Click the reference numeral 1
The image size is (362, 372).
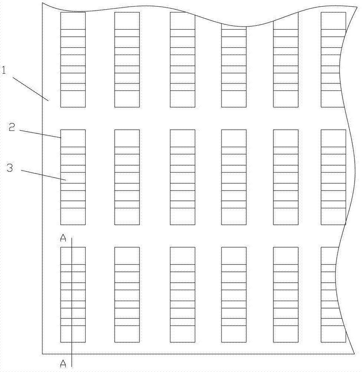click(x=4, y=70)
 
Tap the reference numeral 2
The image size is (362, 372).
click(x=12, y=127)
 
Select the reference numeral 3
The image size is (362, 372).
click(x=10, y=168)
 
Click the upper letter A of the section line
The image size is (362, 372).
click(x=63, y=238)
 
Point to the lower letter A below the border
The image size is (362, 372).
click(x=63, y=363)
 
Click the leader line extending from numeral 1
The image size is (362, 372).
click(x=31, y=89)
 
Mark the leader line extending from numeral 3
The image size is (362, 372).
click(x=43, y=175)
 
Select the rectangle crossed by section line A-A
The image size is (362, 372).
click(x=73, y=295)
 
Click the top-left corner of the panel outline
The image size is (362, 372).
click(x=42, y=3)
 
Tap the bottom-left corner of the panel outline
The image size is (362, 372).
click(x=42, y=354)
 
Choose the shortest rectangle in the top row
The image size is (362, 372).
click(x=234, y=67)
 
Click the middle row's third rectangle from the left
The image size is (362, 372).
click(x=183, y=177)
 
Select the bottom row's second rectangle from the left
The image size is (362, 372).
click(x=127, y=295)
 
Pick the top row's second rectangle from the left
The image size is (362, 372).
click(x=127, y=60)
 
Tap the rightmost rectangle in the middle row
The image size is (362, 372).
click(x=333, y=177)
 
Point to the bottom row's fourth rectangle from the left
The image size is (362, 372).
click(x=234, y=295)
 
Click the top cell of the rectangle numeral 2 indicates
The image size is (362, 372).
click(x=73, y=138)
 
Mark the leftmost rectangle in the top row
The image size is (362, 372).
click(x=73, y=60)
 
